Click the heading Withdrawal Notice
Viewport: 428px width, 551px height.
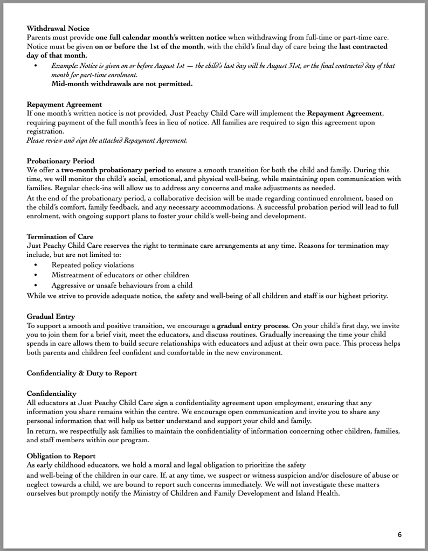click(x=58, y=28)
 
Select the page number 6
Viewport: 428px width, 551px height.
click(x=399, y=535)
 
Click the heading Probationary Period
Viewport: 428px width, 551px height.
click(x=60, y=161)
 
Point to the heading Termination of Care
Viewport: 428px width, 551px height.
click(x=60, y=236)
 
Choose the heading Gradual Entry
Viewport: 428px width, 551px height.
click(x=51, y=316)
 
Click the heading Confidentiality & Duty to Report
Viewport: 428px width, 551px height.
click(x=81, y=373)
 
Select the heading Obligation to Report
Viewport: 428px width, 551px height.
click(x=61, y=456)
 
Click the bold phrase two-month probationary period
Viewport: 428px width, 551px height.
click(x=110, y=169)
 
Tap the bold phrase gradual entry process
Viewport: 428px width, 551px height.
click(x=253, y=325)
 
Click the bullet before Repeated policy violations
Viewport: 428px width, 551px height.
click(x=36, y=266)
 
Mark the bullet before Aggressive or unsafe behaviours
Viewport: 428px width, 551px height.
click(x=36, y=285)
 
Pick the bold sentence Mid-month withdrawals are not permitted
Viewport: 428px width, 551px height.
click(x=122, y=84)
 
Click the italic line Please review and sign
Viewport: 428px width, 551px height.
click(x=107, y=141)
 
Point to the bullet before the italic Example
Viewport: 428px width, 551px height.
click(x=36, y=66)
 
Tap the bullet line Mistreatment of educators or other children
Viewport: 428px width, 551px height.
click(x=120, y=275)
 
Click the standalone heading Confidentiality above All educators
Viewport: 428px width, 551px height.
click(x=51, y=394)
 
